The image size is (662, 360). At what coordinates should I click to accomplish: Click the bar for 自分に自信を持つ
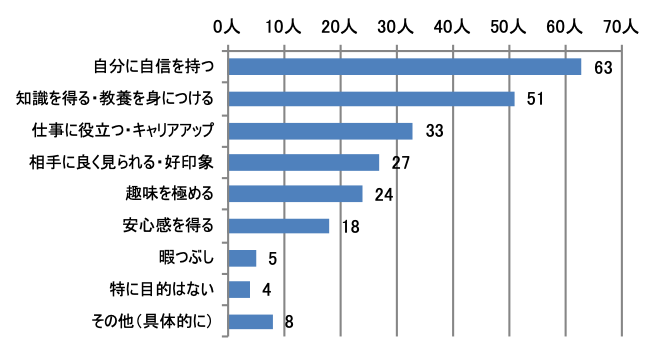point(405,67)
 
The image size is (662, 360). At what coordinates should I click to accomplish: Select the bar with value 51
point(371,99)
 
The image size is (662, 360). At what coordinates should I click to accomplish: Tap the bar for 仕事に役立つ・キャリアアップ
point(320,131)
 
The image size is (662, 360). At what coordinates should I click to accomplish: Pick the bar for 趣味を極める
point(295,194)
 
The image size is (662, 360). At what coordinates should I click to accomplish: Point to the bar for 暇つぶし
point(242,258)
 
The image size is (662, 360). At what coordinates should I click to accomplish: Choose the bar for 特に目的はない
point(239,290)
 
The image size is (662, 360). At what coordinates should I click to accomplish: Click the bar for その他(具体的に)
point(250,322)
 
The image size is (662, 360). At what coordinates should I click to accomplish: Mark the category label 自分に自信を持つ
point(155,67)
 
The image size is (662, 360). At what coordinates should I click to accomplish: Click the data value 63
point(601,68)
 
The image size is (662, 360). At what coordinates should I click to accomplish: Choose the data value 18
point(350,227)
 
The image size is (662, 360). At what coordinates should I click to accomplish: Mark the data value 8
point(288,323)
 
